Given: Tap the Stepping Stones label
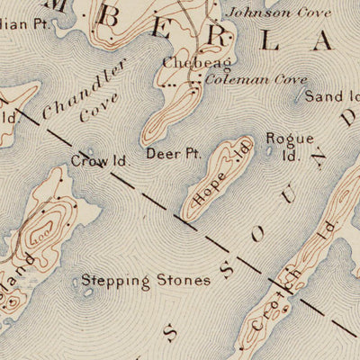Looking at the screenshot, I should [146, 281].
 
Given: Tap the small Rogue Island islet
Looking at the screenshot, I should [269, 150].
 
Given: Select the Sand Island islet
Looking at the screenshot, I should [301, 101].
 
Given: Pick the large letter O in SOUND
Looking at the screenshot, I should [262, 232].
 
